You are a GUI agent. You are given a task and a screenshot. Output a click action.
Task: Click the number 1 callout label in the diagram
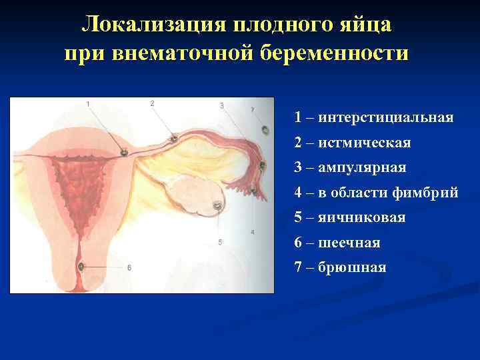click(x=89, y=103)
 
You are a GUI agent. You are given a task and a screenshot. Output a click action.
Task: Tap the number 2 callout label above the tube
click(x=152, y=103)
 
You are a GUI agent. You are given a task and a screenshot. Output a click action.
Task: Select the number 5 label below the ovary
click(x=220, y=243)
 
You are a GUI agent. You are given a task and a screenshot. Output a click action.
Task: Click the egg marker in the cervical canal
click(x=81, y=267)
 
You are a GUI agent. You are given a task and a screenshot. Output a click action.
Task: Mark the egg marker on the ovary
click(x=218, y=207)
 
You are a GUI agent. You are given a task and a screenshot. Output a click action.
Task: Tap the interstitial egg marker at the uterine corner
click(x=124, y=153)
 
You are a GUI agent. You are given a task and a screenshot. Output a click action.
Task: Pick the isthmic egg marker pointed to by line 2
click(x=173, y=139)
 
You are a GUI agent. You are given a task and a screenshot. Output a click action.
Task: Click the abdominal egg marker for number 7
click(x=263, y=165)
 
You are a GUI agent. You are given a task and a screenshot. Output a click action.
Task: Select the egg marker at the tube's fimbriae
click(x=254, y=192)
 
